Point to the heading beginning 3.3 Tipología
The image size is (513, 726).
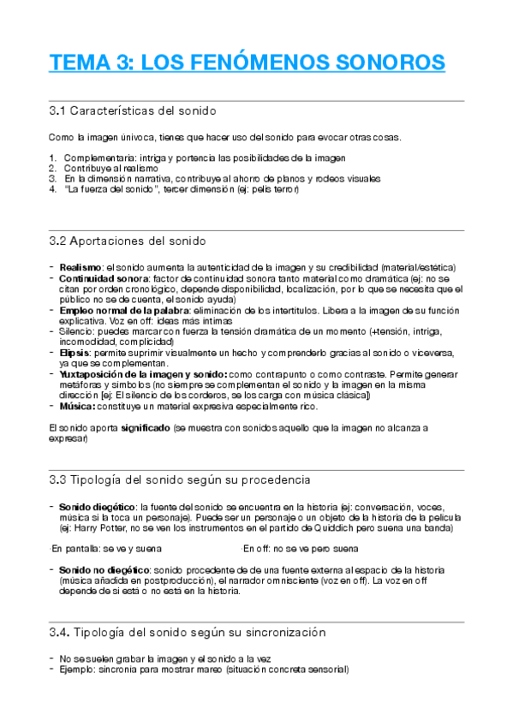click(x=180, y=479)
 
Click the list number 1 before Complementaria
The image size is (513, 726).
click(x=53, y=158)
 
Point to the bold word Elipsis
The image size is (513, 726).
click(x=77, y=352)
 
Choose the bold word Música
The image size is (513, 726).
click(x=78, y=407)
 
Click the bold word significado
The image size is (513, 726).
click(x=146, y=426)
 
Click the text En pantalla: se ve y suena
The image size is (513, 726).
click(x=107, y=548)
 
